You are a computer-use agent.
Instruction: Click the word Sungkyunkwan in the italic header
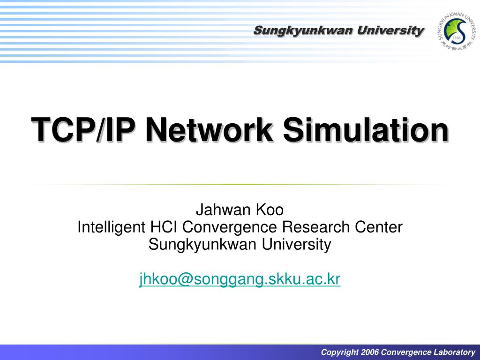click(x=303, y=31)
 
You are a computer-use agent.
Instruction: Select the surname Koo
click(x=269, y=210)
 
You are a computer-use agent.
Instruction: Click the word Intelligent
click(x=111, y=227)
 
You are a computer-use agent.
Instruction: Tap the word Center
click(x=378, y=227)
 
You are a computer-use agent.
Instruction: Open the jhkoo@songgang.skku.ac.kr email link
click(x=240, y=279)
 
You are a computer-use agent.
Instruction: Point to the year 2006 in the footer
click(x=370, y=352)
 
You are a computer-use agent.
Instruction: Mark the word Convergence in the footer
click(x=404, y=352)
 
